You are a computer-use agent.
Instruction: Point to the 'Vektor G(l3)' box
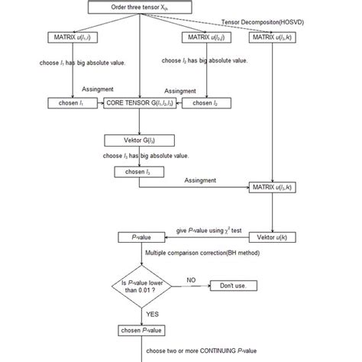pos(137,141)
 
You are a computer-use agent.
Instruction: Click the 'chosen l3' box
pos(137,172)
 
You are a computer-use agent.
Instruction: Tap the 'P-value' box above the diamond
pos(139,238)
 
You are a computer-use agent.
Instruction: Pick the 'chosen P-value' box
pos(139,331)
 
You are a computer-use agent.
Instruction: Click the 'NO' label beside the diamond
pos(190,279)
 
